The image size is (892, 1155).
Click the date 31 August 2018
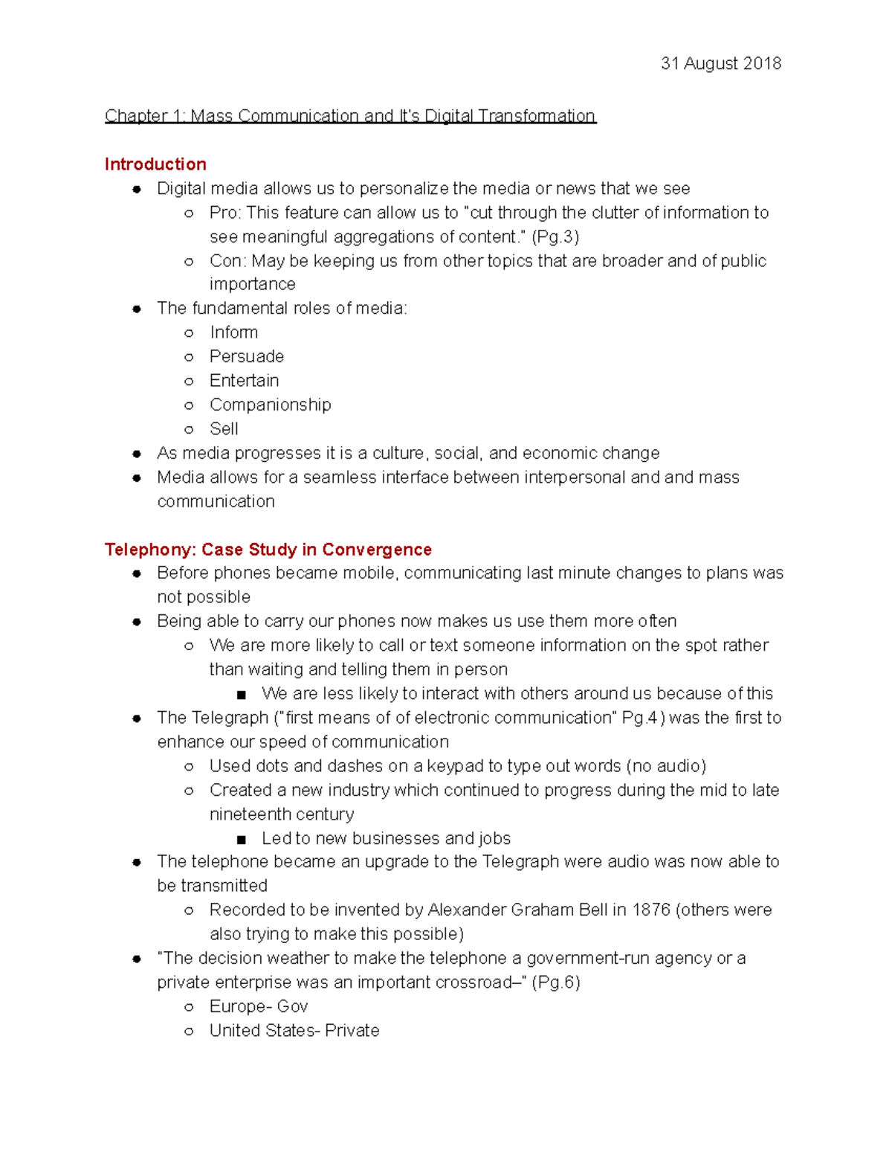720,63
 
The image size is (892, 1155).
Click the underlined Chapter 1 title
350,116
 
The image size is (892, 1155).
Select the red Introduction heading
155,164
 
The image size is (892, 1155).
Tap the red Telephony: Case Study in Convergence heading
268,550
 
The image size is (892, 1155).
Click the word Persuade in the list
246,356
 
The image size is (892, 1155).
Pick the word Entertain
244,381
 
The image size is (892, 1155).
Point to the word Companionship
270,405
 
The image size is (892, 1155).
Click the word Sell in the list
224,429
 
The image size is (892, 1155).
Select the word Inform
233,332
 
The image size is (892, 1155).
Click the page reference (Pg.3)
555,237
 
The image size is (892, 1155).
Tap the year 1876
650,910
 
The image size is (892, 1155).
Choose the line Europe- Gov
258,1007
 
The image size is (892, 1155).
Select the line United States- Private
294,1031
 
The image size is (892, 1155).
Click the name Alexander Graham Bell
517,910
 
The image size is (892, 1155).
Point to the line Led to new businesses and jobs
386,839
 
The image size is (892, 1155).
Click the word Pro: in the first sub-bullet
225,213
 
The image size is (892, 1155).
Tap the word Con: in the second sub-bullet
227,261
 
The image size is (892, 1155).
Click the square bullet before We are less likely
241,695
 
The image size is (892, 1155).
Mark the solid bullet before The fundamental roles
137,309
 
